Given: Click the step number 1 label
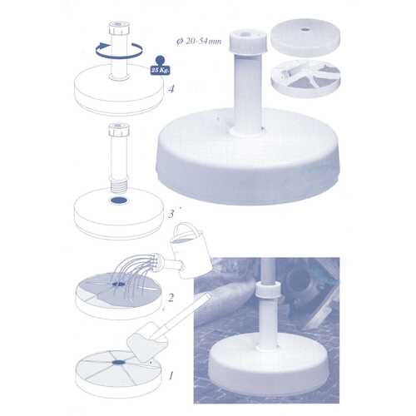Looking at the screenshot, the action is (x=171, y=376).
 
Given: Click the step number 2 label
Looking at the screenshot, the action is (x=171, y=298).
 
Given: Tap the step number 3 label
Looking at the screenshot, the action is (x=171, y=214).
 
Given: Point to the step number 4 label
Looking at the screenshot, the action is (x=171, y=89).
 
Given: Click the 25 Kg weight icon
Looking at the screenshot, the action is (x=160, y=66).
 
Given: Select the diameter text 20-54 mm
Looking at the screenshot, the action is (x=199, y=42).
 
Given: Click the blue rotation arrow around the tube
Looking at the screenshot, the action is (x=120, y=51).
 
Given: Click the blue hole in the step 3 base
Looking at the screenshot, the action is (x=119, y=200).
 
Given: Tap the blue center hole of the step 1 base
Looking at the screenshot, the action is (x=119, y=362).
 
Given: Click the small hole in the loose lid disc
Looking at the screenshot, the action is (x=305, y=29).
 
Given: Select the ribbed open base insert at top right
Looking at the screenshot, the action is (x=305, y=78).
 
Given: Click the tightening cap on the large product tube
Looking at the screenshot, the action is (x=248, y=42).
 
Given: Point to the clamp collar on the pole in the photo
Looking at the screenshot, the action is (x=268, y=291).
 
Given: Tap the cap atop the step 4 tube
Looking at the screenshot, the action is (x=119, y=28).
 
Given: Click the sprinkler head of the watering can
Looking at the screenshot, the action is (x=156, y=260).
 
